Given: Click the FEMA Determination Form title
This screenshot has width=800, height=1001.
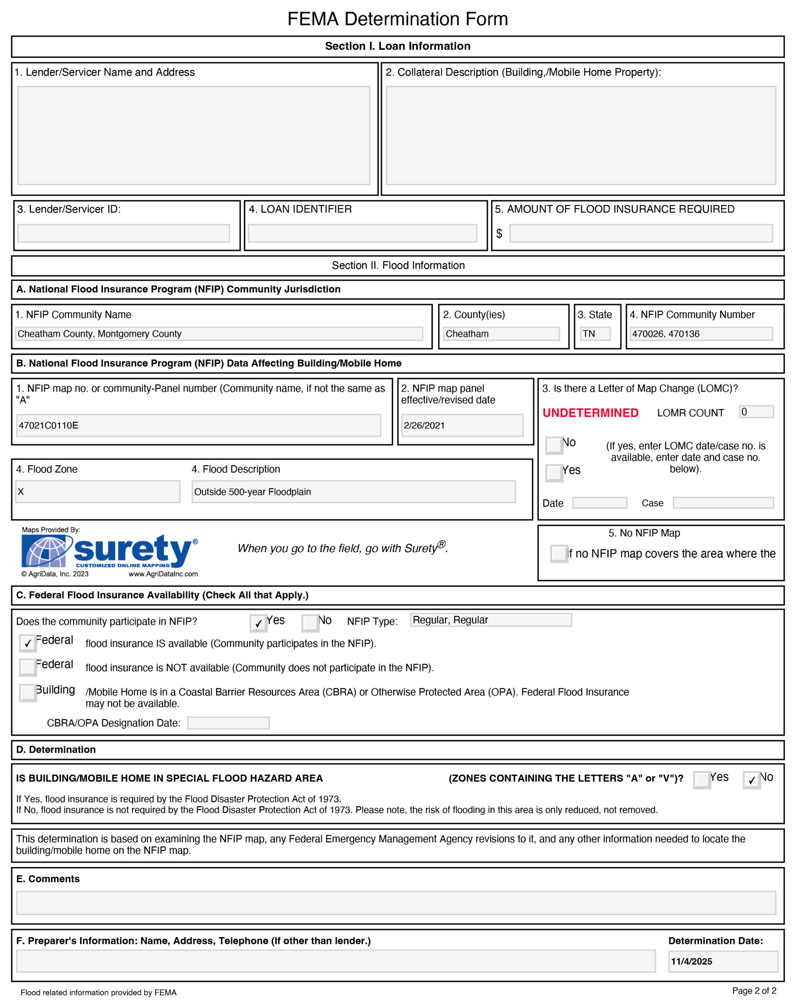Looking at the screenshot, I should tap(398, 19).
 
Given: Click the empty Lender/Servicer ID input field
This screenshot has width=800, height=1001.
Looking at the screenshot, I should tap(123, 233).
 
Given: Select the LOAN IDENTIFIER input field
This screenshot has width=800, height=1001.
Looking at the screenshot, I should tap(362, 233).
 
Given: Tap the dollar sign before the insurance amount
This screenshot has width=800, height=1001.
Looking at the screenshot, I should tap(499, 233).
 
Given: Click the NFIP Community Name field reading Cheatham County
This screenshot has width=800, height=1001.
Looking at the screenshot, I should tap(218, 334).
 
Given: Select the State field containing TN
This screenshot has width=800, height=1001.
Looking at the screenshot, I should tap(595, 334).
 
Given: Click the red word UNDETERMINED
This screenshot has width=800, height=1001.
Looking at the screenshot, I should tap(590, 413).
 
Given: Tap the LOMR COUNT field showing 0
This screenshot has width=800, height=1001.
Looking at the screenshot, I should tap(756, 412).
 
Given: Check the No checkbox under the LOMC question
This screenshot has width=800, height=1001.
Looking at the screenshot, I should tap(554, 445).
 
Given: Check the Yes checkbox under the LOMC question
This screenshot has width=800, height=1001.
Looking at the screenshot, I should tap(554, 473).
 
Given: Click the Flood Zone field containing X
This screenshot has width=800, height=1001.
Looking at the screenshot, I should tap(97, 492).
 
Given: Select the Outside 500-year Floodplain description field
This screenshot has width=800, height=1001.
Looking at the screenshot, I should tap(353, 492).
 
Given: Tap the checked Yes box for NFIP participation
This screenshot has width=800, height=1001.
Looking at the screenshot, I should tap(258, 623).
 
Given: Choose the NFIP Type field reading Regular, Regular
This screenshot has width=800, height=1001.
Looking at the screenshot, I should tap(490, 620).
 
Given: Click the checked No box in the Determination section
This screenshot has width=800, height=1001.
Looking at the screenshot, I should tap(751, 780).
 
